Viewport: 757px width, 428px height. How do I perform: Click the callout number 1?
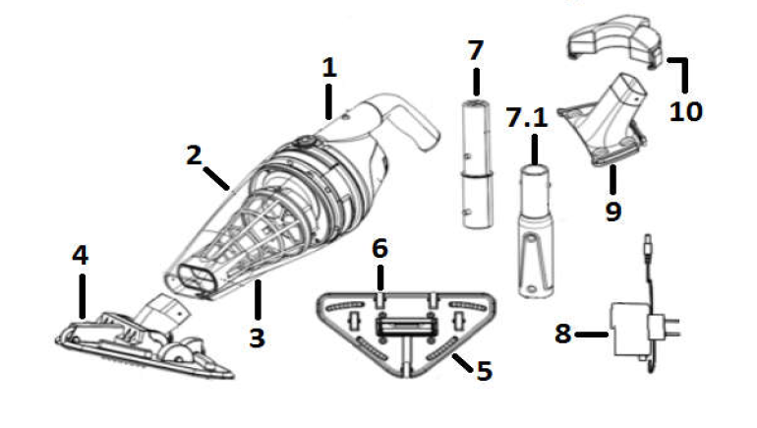tap(329, 67)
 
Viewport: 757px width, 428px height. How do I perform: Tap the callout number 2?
tap(193, 154)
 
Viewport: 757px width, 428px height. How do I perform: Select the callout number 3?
tap(257, 338)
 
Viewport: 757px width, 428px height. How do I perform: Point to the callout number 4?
tap(80, 255)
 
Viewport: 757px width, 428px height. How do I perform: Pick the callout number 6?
tap(379, 249)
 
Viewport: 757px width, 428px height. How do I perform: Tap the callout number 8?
tap(562, 335)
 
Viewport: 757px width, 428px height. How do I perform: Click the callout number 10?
tap(686, 111)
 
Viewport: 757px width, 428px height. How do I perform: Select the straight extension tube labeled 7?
tap(476, 162)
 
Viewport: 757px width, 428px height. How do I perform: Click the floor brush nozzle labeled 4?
tap(147, 339)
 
